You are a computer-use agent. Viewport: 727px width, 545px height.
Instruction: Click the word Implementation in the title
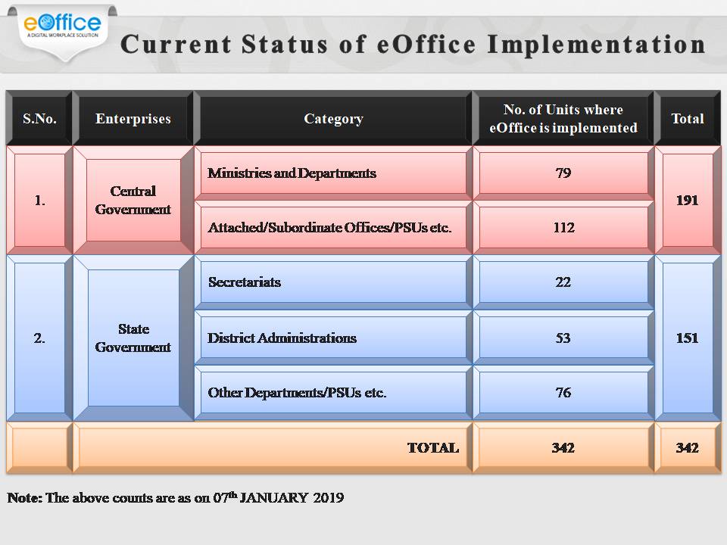(x=597, y=44)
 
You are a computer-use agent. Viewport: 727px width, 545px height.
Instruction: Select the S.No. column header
(x=39, y=119)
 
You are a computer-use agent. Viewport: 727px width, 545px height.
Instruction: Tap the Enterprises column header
(x=133, y=119)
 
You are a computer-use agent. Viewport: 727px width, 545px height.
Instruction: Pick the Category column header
(x=333, y=119)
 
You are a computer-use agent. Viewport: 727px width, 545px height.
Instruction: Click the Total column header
(x=687, y=119)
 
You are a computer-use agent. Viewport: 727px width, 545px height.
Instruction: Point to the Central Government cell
(x=133, y=201)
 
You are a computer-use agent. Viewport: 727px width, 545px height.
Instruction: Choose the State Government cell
(x=133, y=338)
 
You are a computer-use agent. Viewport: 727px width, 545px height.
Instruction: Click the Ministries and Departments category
(x=292, y=173)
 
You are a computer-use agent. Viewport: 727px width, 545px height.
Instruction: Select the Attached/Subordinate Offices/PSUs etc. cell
(x=329, y=228)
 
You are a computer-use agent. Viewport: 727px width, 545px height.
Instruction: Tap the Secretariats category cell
(x=245, y=282)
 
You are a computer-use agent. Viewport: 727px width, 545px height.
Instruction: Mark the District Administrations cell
(x=282, y=338)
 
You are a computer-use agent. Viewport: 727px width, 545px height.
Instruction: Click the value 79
(x=563, y=173)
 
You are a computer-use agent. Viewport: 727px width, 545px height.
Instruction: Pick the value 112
(x=563, y=228)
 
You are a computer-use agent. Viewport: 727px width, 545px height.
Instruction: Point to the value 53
(x=563, y=338)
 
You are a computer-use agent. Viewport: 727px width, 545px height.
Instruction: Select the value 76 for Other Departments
(x=563, y=393)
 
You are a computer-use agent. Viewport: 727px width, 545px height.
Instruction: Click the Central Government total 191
(x=687, y=201)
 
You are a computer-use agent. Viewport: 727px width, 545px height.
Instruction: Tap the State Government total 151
(x=687, y=338)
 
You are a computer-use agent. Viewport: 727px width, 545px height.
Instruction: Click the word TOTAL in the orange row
(x=433, y=448)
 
